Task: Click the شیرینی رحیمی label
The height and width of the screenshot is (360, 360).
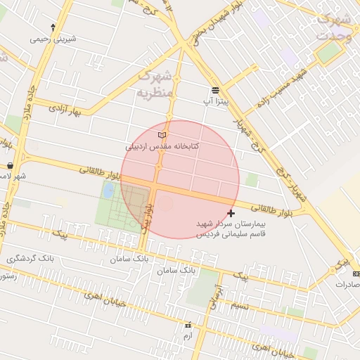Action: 51,39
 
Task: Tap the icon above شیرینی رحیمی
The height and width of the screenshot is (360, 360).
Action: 51,29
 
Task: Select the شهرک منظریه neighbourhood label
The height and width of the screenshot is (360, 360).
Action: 153,84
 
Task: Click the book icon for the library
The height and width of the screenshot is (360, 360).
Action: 162,135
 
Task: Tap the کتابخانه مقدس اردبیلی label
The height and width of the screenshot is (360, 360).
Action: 162,146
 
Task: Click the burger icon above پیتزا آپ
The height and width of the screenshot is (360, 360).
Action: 215,90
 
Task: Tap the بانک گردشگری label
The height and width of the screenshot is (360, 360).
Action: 30,259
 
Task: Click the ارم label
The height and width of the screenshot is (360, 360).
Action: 187,336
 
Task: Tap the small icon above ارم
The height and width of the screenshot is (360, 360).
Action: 188,326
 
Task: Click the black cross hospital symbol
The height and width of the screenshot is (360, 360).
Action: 231,212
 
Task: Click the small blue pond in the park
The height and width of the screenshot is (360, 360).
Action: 108,190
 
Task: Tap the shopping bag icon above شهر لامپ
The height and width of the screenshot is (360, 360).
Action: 11,166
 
